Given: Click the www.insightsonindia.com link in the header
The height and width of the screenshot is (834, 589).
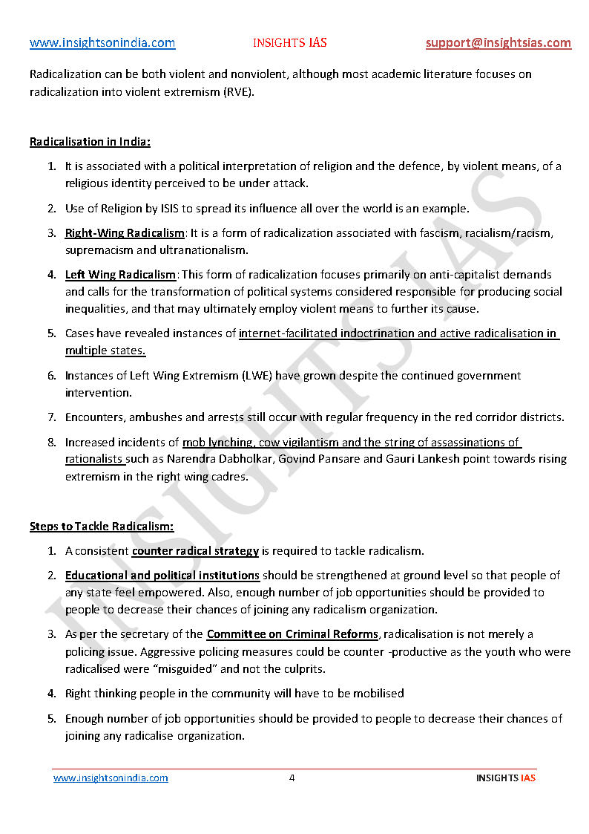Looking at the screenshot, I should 102,43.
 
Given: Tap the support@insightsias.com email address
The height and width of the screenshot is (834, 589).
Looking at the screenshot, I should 498,43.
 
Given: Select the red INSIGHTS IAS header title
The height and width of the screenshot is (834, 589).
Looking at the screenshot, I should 289,43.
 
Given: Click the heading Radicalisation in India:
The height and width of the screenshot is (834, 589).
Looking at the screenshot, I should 90,142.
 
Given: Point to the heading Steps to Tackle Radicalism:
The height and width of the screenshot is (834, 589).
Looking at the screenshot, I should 102,527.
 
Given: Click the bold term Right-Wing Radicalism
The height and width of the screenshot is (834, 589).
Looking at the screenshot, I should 125,233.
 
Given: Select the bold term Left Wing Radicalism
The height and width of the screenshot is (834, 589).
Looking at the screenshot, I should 120,275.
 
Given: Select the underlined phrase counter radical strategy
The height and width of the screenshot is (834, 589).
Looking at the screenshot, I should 195,551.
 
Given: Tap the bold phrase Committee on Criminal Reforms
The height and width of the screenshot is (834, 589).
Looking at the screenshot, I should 293,634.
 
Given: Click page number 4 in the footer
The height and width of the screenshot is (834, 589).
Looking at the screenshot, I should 292,778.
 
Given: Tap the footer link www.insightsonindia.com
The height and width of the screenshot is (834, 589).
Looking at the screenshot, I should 111,778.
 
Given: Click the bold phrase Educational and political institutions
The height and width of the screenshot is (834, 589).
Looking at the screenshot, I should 162,576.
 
